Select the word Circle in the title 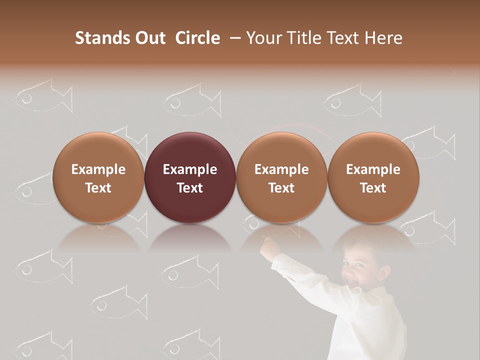[197, 38]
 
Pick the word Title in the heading [304, 38]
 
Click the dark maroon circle [190, 200]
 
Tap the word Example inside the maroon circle [190, 169]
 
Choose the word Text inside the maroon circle [190, 188]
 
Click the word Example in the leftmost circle [98, 169]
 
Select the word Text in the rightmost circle [373, 188]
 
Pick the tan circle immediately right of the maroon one [281, 205]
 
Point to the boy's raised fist [270, 245]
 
